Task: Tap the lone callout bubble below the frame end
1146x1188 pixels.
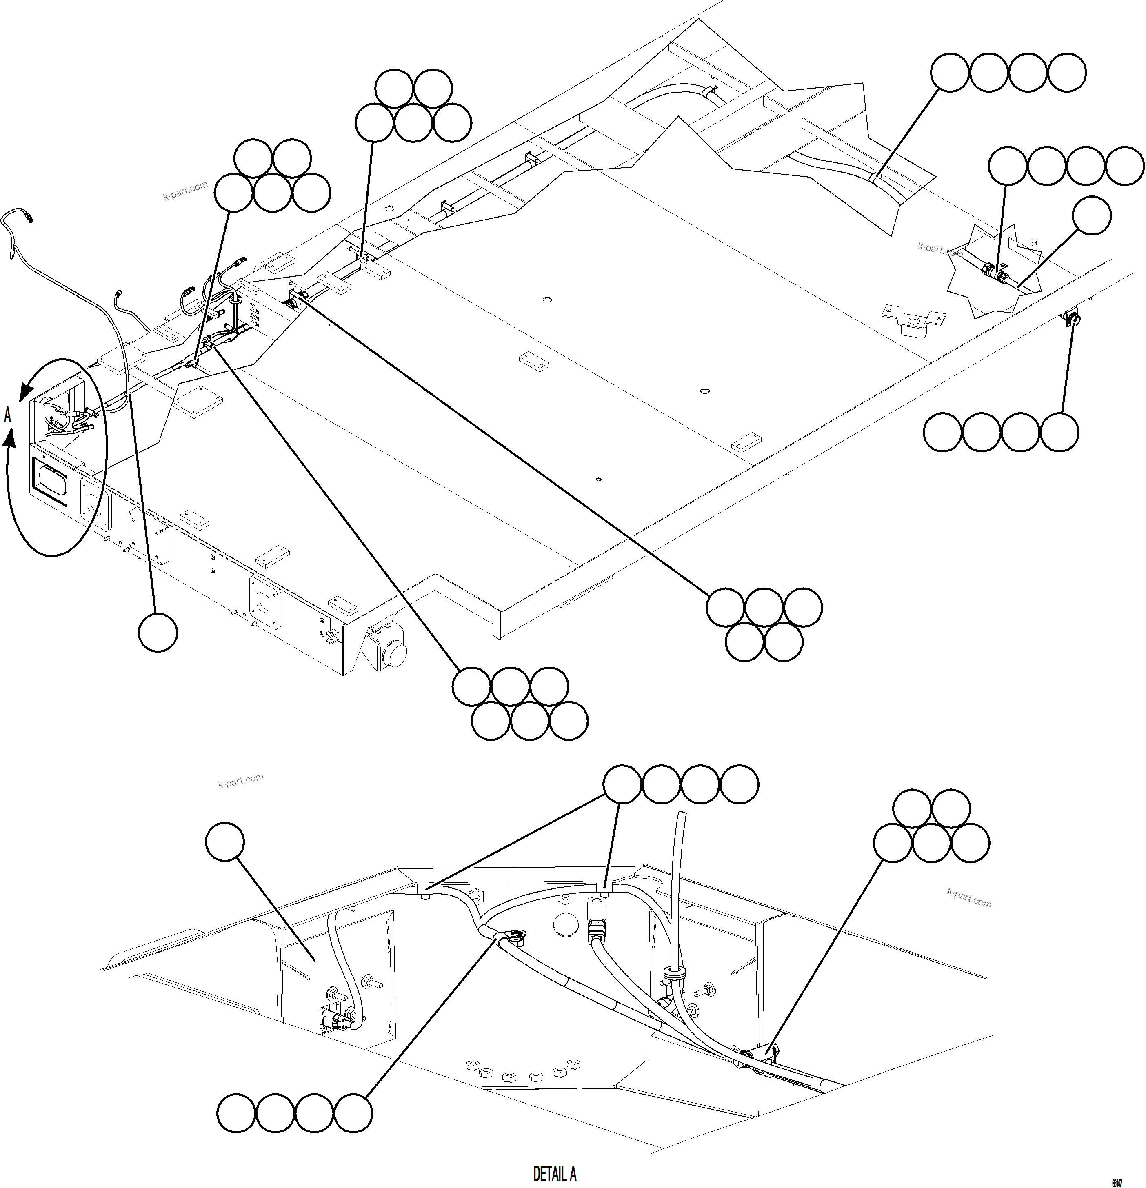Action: coord(158,632)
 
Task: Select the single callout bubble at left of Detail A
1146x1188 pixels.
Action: coord(225,842)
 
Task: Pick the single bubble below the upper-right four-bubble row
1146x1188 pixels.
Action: coord(1091,215)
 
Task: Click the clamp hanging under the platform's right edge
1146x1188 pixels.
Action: coord(1071,316)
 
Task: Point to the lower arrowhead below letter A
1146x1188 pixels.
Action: coord(10,437)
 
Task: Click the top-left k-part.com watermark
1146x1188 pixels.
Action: coord(185,190)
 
